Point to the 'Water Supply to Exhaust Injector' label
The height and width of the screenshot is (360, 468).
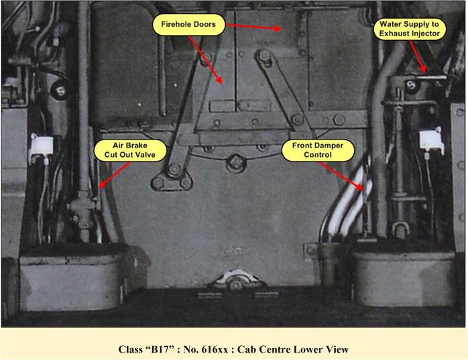(406, 27)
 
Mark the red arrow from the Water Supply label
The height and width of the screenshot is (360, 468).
(418, 56)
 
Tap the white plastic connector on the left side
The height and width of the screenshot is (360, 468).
(41, 144)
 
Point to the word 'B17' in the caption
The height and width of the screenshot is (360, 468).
(169, 349)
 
